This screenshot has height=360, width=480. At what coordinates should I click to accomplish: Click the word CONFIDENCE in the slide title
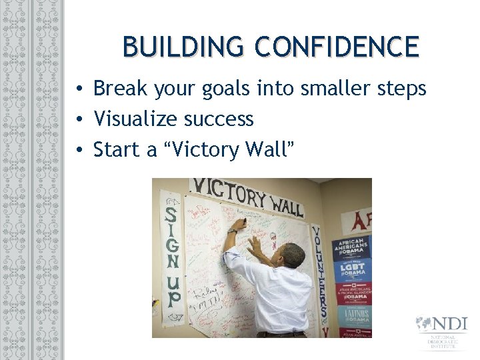[x=337, y=47]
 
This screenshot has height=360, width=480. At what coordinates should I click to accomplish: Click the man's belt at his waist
[x=280, y=333]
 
